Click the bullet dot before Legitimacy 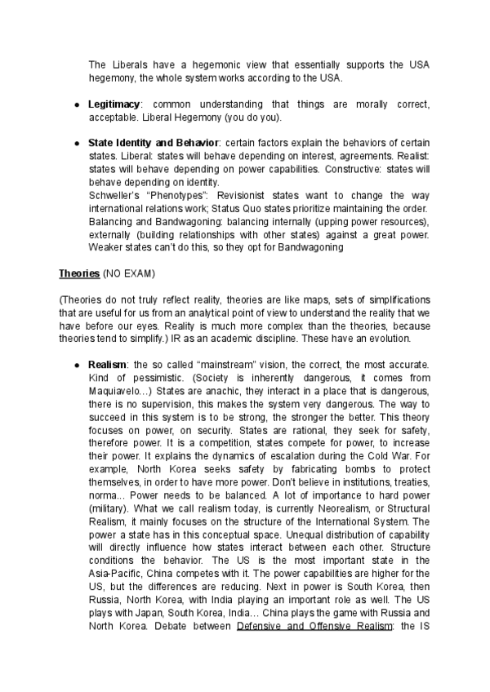(76, 105)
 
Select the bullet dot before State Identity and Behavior (76, 143)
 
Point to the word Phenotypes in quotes (190, 195)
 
